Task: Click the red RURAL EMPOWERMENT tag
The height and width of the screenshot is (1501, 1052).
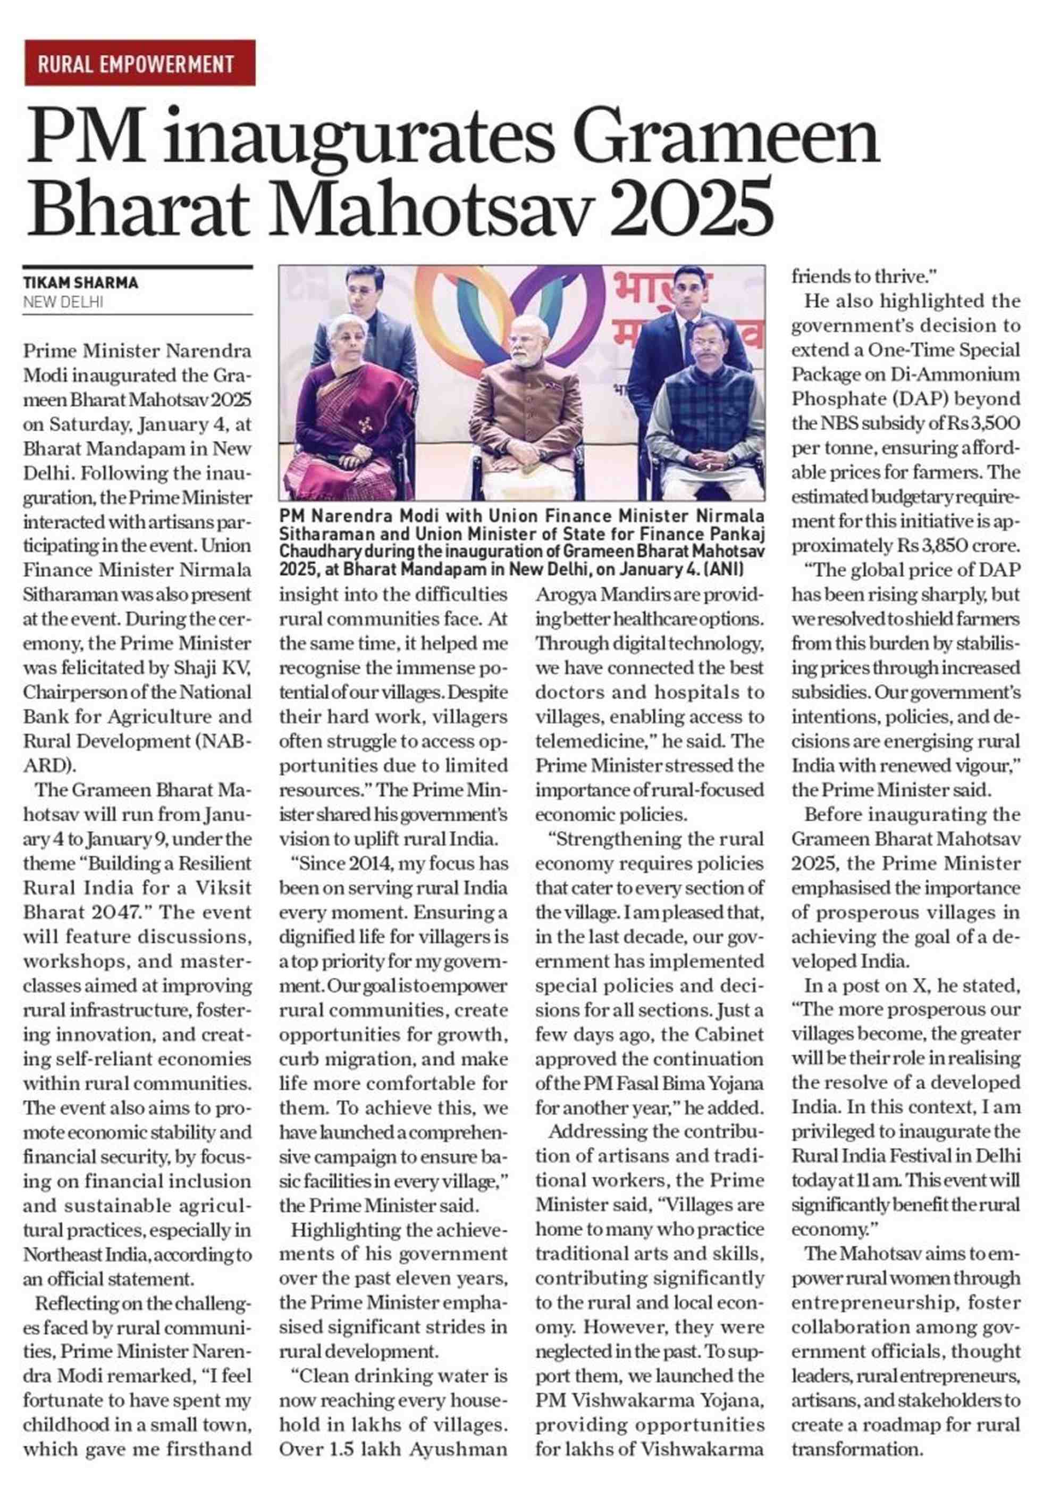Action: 139,63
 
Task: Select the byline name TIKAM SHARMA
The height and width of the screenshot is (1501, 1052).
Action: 80,283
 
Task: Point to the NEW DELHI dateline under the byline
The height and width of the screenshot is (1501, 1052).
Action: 63,302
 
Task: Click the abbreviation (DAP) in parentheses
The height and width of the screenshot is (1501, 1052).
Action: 910,399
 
